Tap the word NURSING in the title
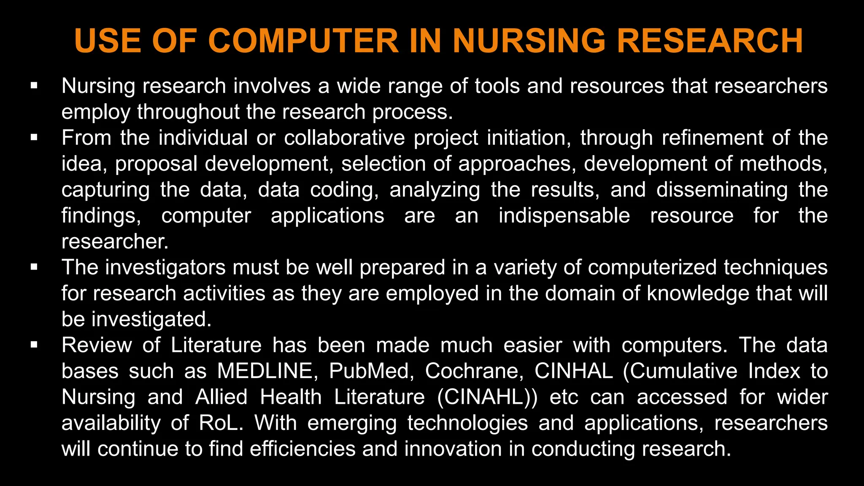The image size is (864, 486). point(530,41)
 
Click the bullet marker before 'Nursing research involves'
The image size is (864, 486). point(34,86)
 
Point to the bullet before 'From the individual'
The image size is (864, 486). point(34,138)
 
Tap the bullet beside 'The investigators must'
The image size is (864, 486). point(34,267)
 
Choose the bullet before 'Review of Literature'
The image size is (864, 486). point(34,345)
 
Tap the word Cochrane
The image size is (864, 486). point(474,371)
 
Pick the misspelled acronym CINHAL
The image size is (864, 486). point(573,371)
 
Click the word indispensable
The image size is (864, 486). point(564,216)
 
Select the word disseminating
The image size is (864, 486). point(722,190)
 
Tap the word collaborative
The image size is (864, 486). point(344,138)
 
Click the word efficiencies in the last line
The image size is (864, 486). point(302,449)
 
